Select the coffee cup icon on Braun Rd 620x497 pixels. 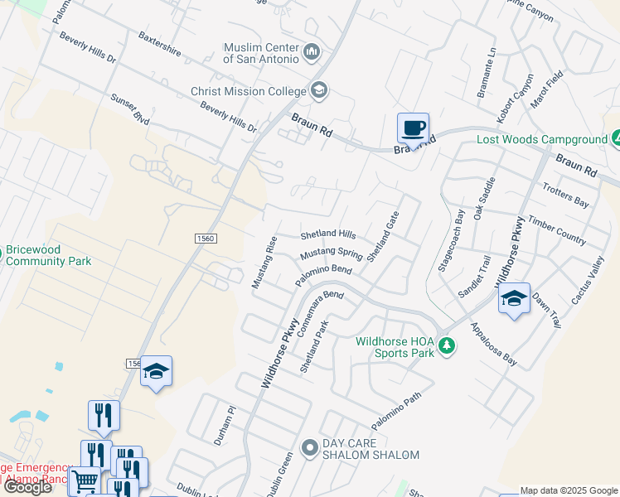413,128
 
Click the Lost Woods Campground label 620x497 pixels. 542,139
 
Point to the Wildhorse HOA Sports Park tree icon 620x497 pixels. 447,345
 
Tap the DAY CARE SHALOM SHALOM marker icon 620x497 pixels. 310,449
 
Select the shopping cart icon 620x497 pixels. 85,480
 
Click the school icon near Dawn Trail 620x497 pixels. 514,299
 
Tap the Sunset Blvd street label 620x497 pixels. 130,109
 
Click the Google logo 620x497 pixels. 27,486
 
